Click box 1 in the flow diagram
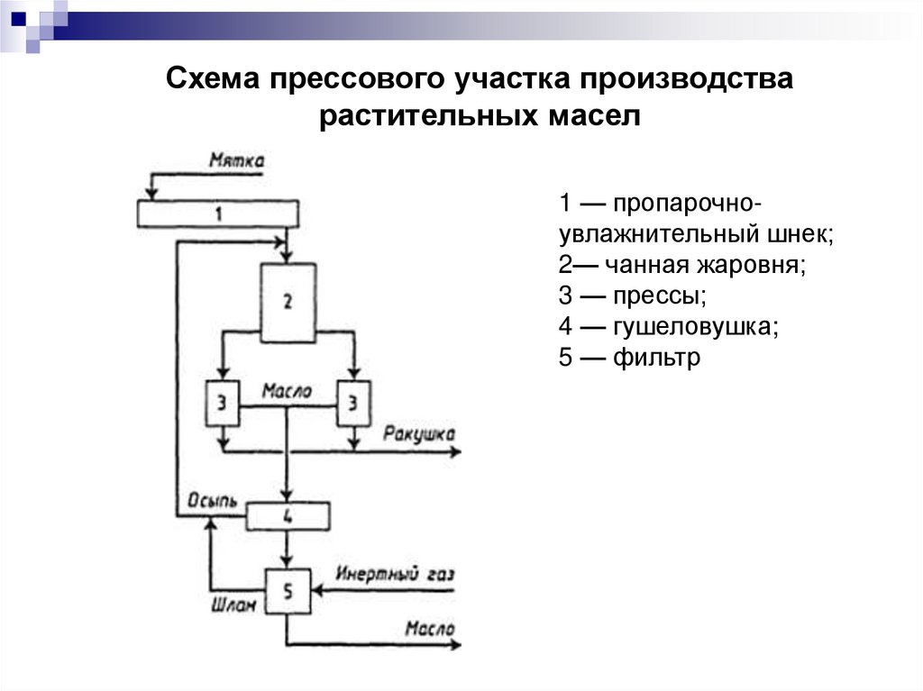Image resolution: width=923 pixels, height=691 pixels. (217, 214)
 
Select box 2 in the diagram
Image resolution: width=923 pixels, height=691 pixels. (288, 302)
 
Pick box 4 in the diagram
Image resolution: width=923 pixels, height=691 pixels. (288, 516)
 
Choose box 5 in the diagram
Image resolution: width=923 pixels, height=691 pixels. (288, 592)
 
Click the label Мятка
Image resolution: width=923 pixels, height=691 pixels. (236, 162)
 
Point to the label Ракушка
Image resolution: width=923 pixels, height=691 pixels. (418, 434)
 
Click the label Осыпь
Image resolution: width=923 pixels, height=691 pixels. (212, 501)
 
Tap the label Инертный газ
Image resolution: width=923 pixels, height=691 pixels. (396, 574)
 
